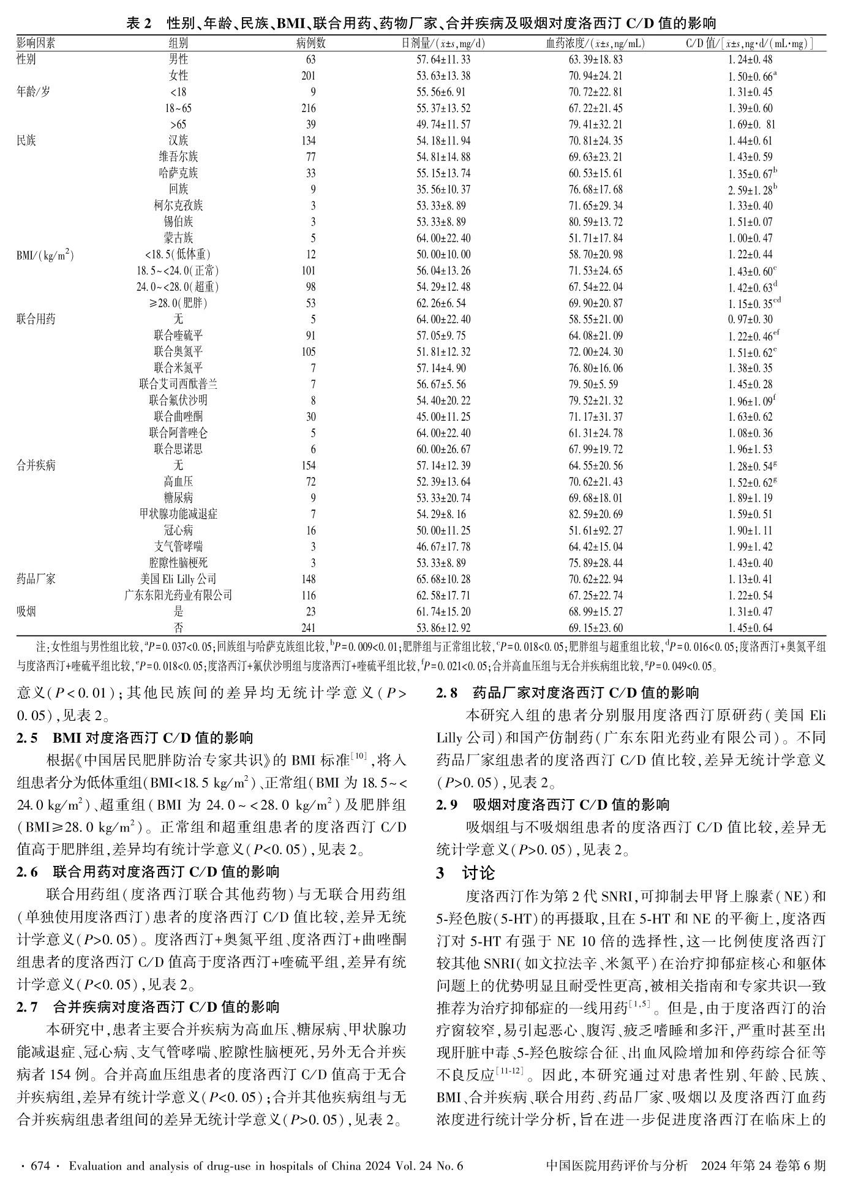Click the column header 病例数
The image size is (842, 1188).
click(x=310, y=43)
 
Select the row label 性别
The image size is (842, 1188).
click(x=26, y=59)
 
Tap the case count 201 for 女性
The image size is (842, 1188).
click(x=309, y=76)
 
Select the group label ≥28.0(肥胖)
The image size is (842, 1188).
click(x=178, y=303)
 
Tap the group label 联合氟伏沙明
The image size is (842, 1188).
click(x=178, y=400)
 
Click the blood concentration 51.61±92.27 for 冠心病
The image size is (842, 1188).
click(x=596, y=530)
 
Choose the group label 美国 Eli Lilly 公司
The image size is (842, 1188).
click(x=178, y=579)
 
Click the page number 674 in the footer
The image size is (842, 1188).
click(x=40, y=1166)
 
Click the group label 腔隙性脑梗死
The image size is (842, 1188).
click(x=178, y=563)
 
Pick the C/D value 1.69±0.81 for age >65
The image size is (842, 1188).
click(x=750, y=125)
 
